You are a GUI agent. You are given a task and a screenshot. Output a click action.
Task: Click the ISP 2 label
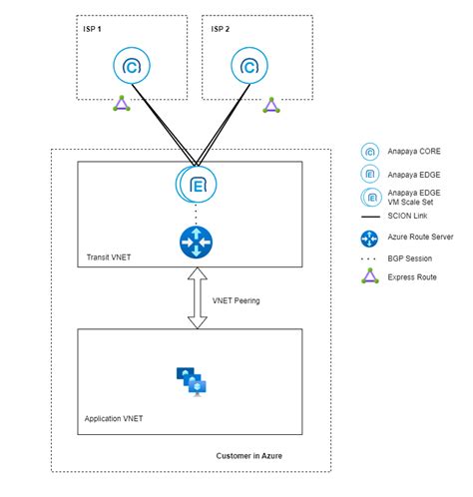pos(220,28)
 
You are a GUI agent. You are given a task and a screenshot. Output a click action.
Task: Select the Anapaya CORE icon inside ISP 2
pos(248,67)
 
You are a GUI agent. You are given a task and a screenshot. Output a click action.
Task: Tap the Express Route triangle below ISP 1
pos(121,103)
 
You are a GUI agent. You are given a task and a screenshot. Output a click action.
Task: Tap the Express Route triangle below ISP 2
pos(269,103)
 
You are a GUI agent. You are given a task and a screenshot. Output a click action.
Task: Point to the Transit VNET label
pos(108,256)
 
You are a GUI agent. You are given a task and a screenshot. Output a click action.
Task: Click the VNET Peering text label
pos(237,298)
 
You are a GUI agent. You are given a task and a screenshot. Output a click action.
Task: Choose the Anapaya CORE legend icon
pos(369,152)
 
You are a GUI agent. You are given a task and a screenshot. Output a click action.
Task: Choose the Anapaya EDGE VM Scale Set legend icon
pos(369,198)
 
